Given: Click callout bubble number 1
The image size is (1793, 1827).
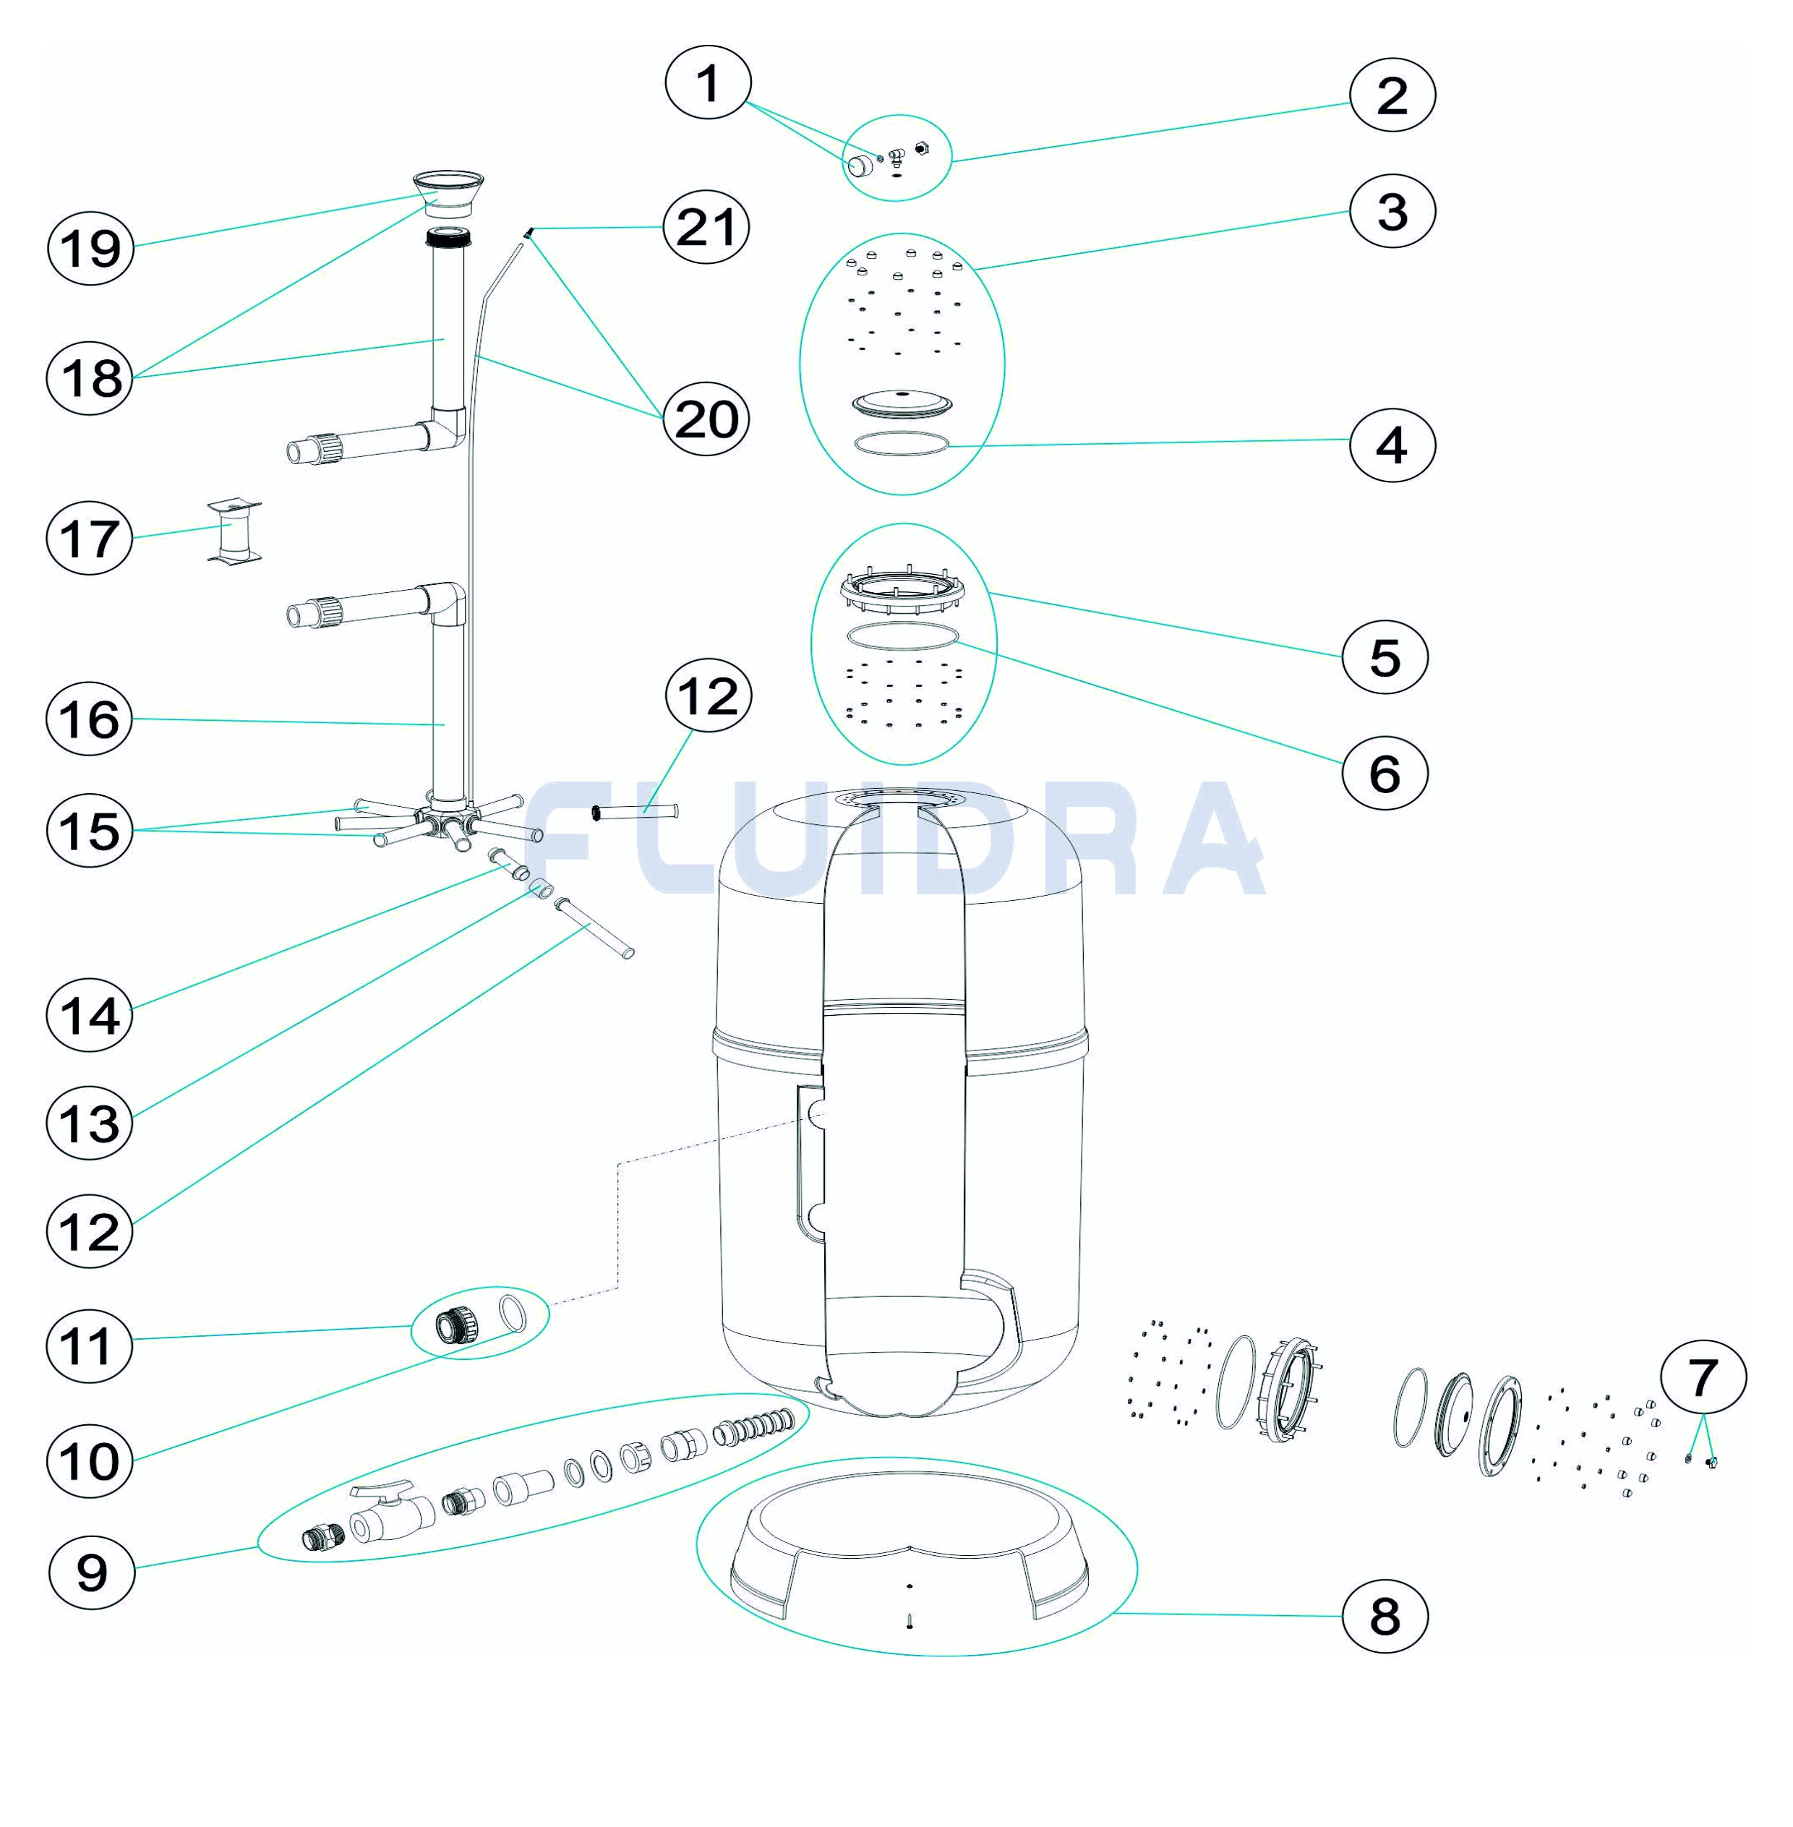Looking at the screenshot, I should coord(707,83).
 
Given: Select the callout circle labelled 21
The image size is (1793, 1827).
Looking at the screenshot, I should coord(706,227).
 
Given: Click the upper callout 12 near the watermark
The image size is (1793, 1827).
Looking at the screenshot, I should coord(707,696).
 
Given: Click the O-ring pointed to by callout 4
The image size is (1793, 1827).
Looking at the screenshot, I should coord(902,445).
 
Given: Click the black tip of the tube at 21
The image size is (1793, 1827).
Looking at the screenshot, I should coord(530,231).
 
